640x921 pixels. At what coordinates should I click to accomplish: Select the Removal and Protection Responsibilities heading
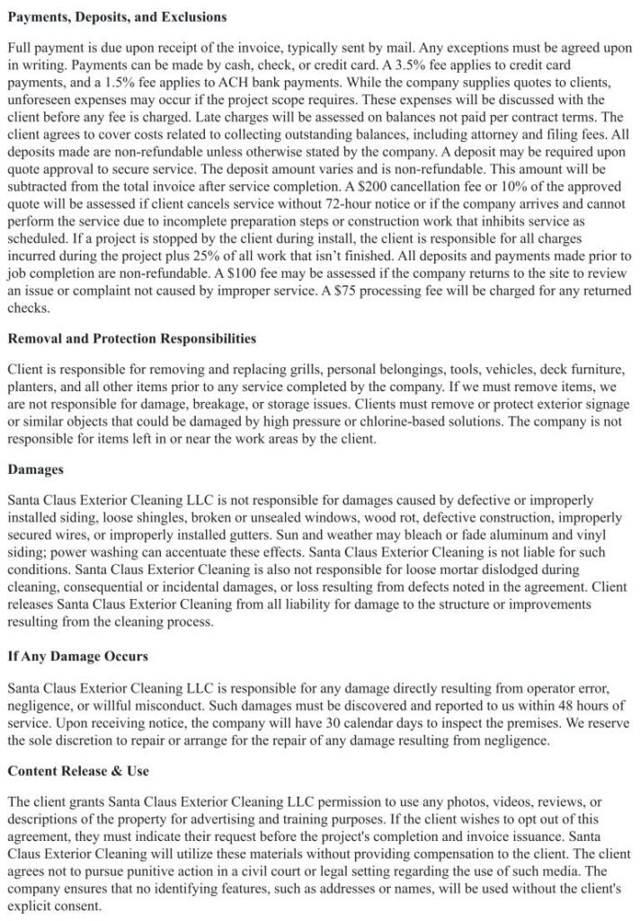click(131, 338)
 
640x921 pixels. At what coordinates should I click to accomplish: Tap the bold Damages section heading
click(37, 469)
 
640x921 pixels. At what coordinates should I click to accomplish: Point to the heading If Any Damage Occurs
click(77, 657)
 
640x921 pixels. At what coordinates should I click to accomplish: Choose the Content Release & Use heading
click(79, 771)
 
